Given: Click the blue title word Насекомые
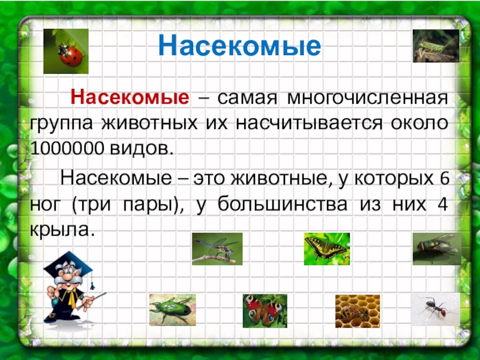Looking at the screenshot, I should [239, 46].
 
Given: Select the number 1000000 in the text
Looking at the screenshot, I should [67, 148].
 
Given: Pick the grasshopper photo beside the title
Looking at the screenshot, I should [435, 46].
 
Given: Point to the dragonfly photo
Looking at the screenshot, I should [217, 248].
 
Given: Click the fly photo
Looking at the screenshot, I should [436, 248].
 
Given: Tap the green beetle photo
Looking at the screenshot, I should [172, 310].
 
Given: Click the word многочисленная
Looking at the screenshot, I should [367, 97].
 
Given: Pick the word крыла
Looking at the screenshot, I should [62, 229].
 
